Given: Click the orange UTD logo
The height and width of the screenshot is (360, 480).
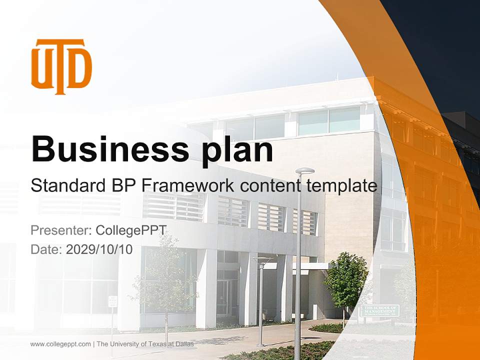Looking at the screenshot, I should (61, 66).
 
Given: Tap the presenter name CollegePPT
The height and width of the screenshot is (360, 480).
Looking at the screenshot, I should (130, 230).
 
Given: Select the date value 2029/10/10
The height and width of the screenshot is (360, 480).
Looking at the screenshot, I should (99, 249).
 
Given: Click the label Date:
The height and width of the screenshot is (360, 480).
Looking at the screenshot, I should (46, 249).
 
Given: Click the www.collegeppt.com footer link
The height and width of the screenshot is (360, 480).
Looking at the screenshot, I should (60, 344).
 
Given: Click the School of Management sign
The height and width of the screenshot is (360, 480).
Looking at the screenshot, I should (380, 310).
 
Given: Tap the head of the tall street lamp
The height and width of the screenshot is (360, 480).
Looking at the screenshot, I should (304, 171).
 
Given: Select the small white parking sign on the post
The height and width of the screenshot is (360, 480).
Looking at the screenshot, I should (112, 301).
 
